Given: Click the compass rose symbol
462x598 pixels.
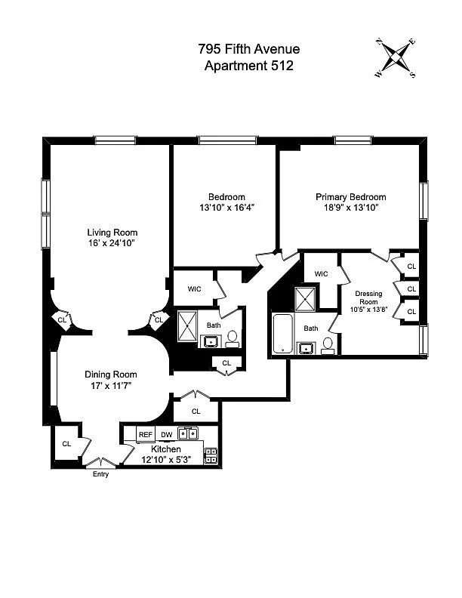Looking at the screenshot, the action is pos(396,58).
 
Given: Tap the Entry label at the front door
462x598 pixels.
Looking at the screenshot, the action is pos(100,474).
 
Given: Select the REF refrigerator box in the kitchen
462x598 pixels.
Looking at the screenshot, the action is pos(145,434).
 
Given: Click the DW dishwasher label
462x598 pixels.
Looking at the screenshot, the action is pos(167,434).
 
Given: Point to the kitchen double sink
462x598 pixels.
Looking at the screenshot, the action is pos(188,433).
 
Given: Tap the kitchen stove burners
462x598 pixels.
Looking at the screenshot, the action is pos(211,456).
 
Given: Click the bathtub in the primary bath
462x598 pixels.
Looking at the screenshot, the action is pos(282,334).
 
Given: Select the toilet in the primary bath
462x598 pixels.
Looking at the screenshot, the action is pos(328,346).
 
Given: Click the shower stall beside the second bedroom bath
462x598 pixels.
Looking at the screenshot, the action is pos(187,325).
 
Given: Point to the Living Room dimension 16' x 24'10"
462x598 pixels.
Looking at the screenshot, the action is pos(112,243).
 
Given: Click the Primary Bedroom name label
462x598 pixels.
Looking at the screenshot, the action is pos(351,197).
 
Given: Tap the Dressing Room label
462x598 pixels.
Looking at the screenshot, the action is pos(368,297).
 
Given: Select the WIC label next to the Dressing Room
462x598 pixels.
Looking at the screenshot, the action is pos(321,274).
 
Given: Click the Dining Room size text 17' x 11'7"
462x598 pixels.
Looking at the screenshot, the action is pos(110,386).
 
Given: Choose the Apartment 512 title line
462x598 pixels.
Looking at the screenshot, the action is pos(249,66).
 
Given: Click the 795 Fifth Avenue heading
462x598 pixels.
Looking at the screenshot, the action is pos(249,49).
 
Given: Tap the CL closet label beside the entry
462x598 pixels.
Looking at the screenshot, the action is pos(66,443).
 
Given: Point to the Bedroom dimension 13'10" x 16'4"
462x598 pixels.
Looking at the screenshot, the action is pos(226,208).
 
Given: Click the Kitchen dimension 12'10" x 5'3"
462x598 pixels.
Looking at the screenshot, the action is pos(166,460).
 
